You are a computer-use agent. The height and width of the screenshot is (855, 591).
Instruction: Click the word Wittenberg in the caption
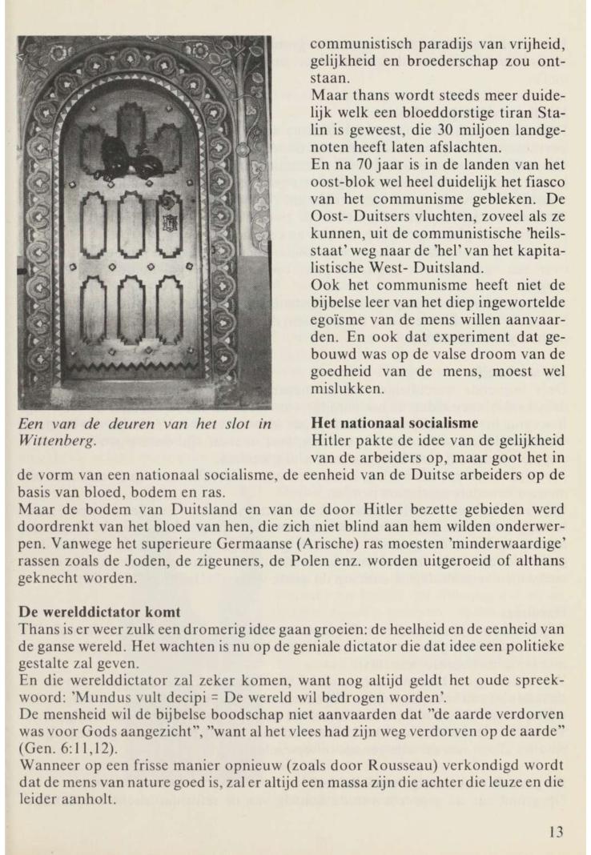click(55, 440)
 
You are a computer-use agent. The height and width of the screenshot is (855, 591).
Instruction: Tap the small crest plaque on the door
click(167, 223)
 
